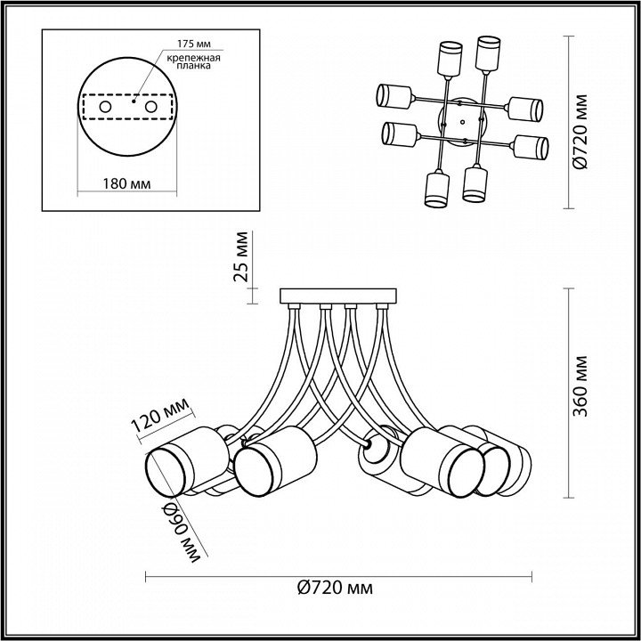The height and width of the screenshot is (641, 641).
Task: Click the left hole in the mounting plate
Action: click(106, 108)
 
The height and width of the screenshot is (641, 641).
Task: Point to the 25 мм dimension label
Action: click(241, 256)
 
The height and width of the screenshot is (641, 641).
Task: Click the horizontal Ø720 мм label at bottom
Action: click(334, 588)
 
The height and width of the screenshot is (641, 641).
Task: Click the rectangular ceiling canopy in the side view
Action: click(339, 296)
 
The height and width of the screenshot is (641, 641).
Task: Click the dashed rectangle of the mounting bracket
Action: click(127, 108)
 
